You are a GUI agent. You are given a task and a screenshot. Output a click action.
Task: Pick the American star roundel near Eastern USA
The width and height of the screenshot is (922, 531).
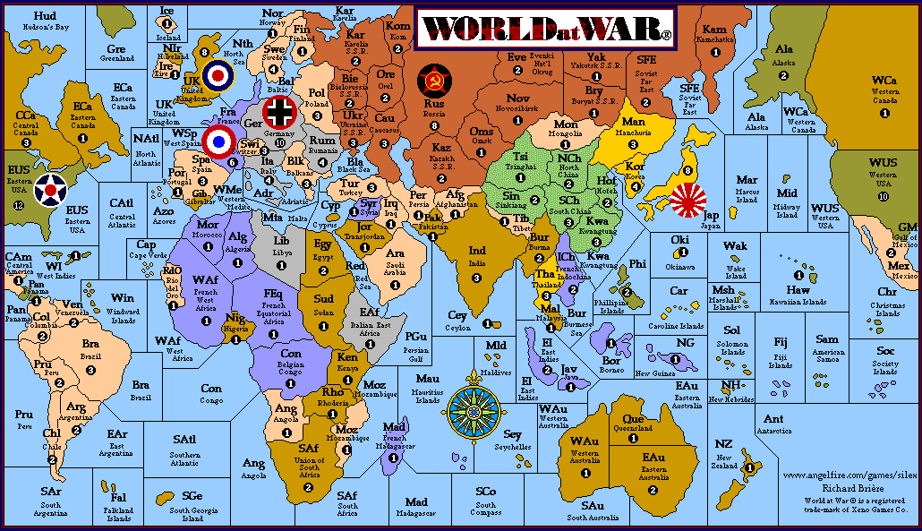pos(51,190)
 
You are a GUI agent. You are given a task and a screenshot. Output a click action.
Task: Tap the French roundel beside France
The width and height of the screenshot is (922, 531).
pos(218,141)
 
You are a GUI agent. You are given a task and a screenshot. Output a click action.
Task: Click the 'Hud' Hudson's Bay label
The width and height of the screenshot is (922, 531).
pos(44,16)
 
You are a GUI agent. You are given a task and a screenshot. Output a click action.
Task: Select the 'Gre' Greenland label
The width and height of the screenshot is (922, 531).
pos(116,49)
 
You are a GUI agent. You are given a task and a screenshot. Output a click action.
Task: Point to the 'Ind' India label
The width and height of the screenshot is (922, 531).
pos(478,250)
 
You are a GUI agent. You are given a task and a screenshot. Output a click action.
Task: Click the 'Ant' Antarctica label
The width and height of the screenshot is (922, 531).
pos(773,419)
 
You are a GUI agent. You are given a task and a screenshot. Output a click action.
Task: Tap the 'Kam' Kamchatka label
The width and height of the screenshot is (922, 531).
pos(715,30)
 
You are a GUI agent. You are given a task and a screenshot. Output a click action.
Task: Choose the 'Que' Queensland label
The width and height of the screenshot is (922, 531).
pos(633,418)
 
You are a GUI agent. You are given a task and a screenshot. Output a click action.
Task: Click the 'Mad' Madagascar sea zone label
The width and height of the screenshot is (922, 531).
pos(416,502)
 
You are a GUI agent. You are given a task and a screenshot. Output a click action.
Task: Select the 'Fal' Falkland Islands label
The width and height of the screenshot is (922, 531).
pos(119,498)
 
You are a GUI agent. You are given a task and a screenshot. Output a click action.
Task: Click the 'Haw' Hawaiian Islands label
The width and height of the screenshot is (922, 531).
pos(798,290)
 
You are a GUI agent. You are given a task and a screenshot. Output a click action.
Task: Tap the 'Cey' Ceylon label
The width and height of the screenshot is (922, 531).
pos(457,315)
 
